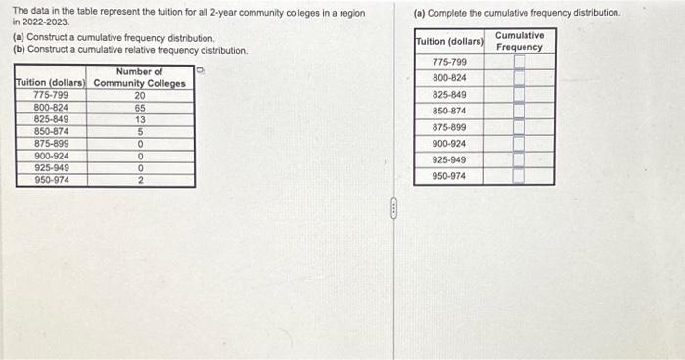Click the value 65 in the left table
[140, 107]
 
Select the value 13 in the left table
[140, 119]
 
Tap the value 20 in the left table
[140, 95]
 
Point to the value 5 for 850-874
[140, 131]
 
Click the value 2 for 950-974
[140, 180]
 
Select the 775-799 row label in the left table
[51, 95]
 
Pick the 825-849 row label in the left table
[51, 119]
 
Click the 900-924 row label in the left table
[51, 156]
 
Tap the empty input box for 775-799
[520, 62]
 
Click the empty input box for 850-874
[520, 112]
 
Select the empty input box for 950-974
[520, 176]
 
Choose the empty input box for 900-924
[520, 144]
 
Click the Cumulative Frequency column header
[520, 41]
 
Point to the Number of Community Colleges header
[139, 77]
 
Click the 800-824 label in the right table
[449, 77]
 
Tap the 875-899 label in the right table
[449, 127]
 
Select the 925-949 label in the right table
[449, 159]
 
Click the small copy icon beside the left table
[200, 70]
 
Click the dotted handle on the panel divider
[394, 206]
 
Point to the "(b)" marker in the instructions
[19, 50]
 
